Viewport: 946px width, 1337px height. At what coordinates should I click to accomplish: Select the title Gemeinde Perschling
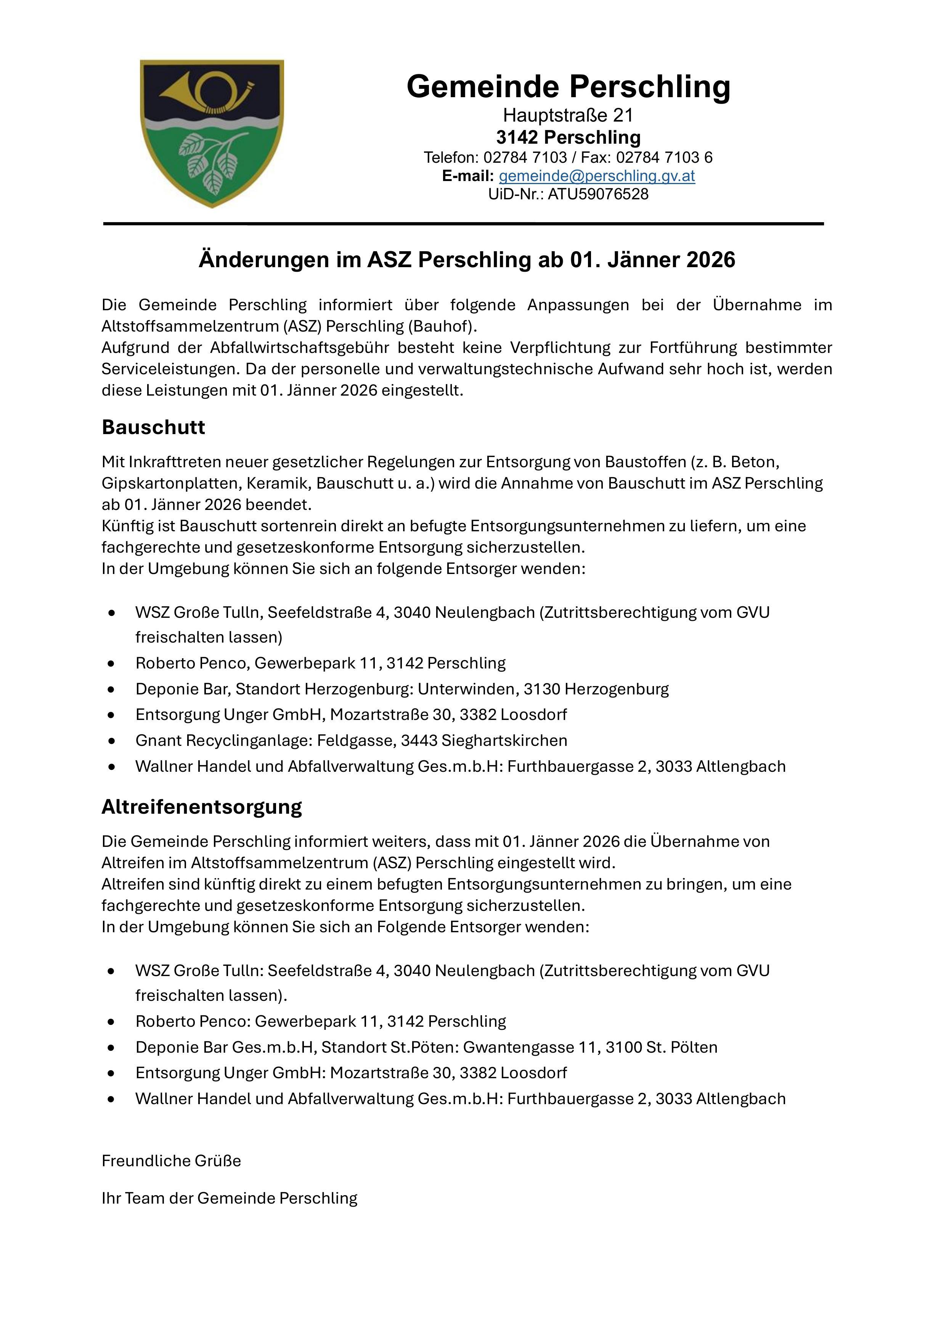point(568,86)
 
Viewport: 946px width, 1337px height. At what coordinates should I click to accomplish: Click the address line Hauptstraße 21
point(568,115)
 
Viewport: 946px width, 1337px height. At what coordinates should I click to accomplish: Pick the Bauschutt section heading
point(153,427)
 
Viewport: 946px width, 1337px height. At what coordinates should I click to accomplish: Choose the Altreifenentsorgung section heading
point(202,806)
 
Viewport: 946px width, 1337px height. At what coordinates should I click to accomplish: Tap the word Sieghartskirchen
point(504,740)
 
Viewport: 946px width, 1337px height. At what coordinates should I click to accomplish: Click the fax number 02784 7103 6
point(664,157)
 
